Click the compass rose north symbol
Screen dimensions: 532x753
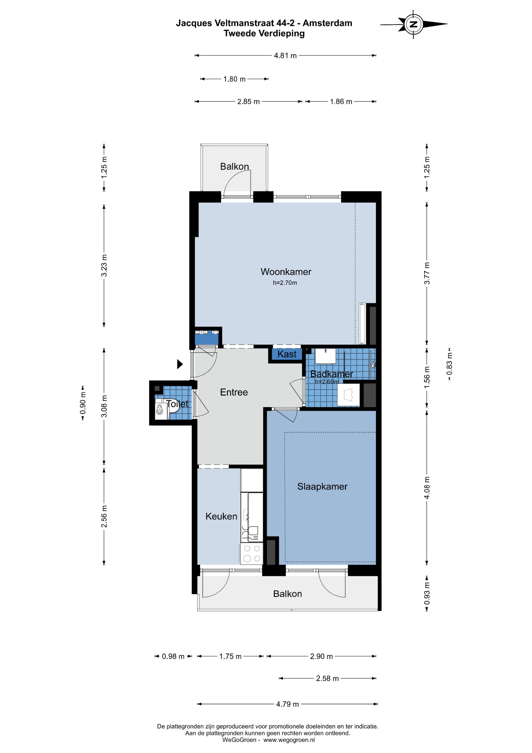pos(414,24)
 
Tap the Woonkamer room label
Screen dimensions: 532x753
pos(286,272)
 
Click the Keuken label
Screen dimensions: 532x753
pos(221,516)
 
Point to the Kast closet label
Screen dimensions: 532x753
pos(287,354)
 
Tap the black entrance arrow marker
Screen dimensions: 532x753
pos(180,364)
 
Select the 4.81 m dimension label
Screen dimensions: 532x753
pos(285,56)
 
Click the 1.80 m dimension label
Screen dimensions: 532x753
pos(234,79)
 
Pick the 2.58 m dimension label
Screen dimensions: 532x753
pos(327,678)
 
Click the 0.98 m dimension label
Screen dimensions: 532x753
pos(173,656)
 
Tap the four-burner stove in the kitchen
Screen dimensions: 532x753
pos(251,554)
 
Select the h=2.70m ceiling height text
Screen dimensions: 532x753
pos(285,283)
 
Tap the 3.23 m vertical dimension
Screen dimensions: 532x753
pos(104,265)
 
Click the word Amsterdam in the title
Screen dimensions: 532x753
pos(327,23)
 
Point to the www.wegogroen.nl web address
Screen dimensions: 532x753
pos(289,740)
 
